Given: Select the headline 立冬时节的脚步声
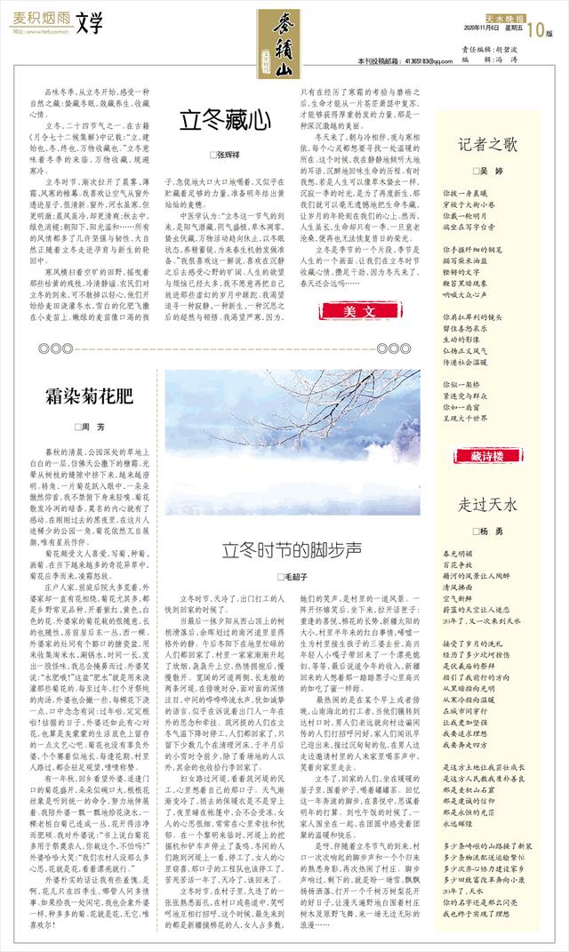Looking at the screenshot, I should coord(290,548).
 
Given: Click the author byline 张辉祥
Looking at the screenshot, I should coord(226,155).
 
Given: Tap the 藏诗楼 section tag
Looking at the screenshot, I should coord(486,454).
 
